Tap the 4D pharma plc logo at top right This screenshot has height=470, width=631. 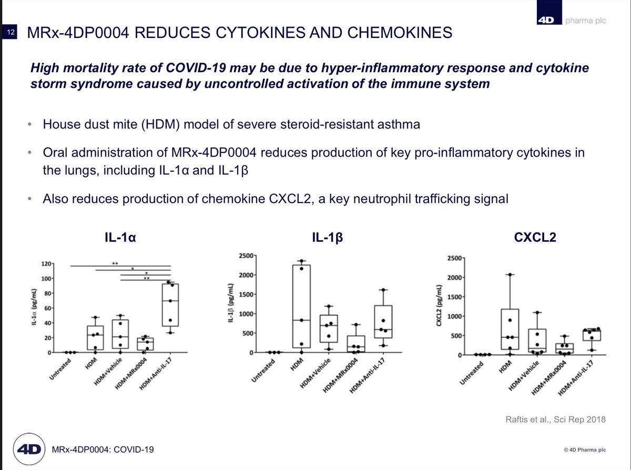click(x=570, y=21)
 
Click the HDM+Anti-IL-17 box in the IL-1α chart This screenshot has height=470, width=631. click(x=170, y=305)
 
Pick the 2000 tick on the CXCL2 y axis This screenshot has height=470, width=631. click(x=454, y=278)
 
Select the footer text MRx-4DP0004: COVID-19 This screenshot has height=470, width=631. click(x=103, y=450)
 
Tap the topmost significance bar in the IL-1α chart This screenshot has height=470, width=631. click(x=120, y=266)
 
